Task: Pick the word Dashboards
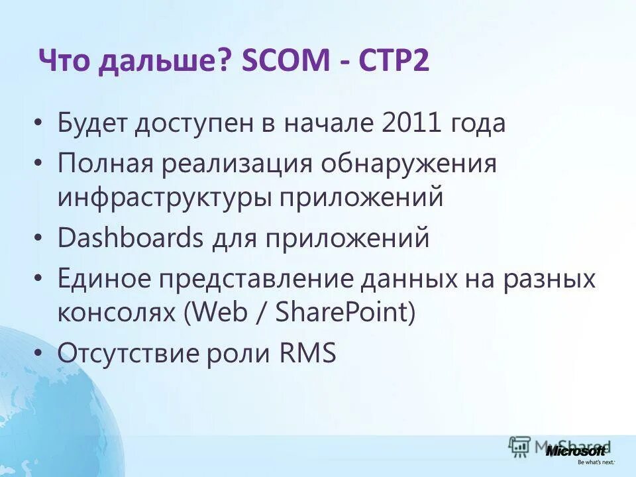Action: [130, 237]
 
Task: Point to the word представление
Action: [258, 278]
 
